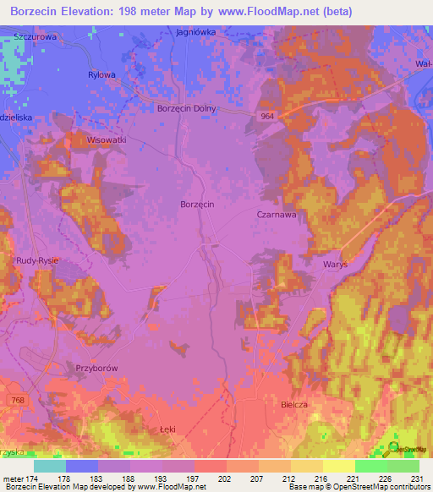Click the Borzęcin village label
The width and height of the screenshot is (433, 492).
coord(199,205)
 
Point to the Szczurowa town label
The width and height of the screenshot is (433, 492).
coord(35,37)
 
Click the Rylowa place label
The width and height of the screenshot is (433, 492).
coord(101,74)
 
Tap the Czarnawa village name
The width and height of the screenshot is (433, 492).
coord(276,215)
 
